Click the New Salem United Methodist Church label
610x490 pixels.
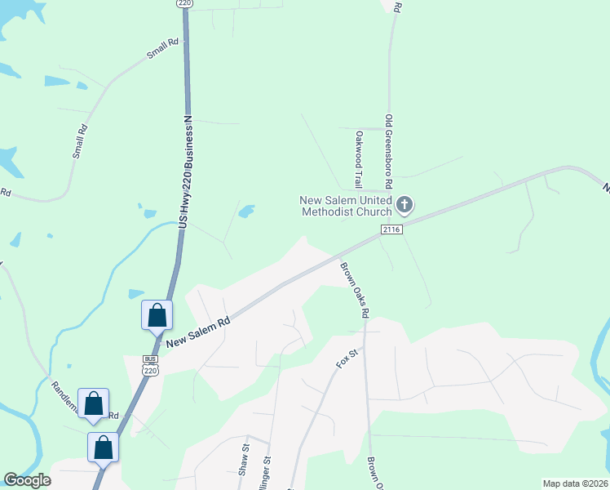347,206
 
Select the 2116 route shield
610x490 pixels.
391,230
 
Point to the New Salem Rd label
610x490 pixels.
198,332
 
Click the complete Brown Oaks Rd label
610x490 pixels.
356,289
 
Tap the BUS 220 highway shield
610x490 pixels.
149,364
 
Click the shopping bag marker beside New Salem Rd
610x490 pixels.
157,315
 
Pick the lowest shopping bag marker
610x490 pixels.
104,448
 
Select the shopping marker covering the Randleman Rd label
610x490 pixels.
93,403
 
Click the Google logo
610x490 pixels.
28,481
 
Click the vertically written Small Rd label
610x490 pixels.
78,140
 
